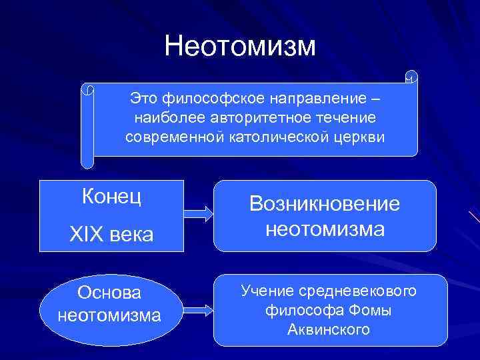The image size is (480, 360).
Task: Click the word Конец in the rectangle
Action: point(112,197)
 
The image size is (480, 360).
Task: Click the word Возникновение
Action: point(325,203)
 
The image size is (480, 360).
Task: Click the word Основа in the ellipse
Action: point(109,293)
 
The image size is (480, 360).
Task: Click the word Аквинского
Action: point(329,329)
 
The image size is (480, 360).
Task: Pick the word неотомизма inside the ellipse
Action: point(109,314)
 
